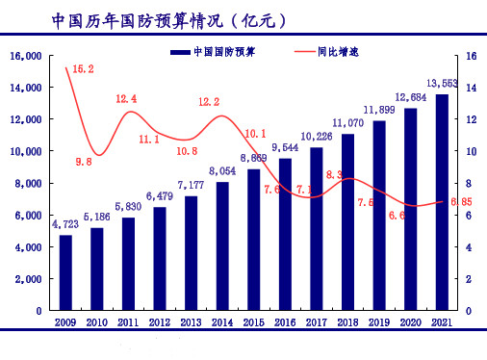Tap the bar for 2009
tap(65, 272)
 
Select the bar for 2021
tap(441, 202)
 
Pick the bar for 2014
tap(222, 246)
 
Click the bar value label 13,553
tap(441, 84)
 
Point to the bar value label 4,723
tap(65, 224)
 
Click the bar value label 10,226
tap(316, 137)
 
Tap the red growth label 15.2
tap(83, 69)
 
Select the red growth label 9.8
tap(83, 162)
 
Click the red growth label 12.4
tap(126, 99)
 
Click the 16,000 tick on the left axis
tap(26, 56)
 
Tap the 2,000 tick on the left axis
tap(28, 279)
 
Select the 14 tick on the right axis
tap(470, 88)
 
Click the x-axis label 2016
tap(285, 323)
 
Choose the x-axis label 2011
tap(128, 323)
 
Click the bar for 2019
tap(378, 216)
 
